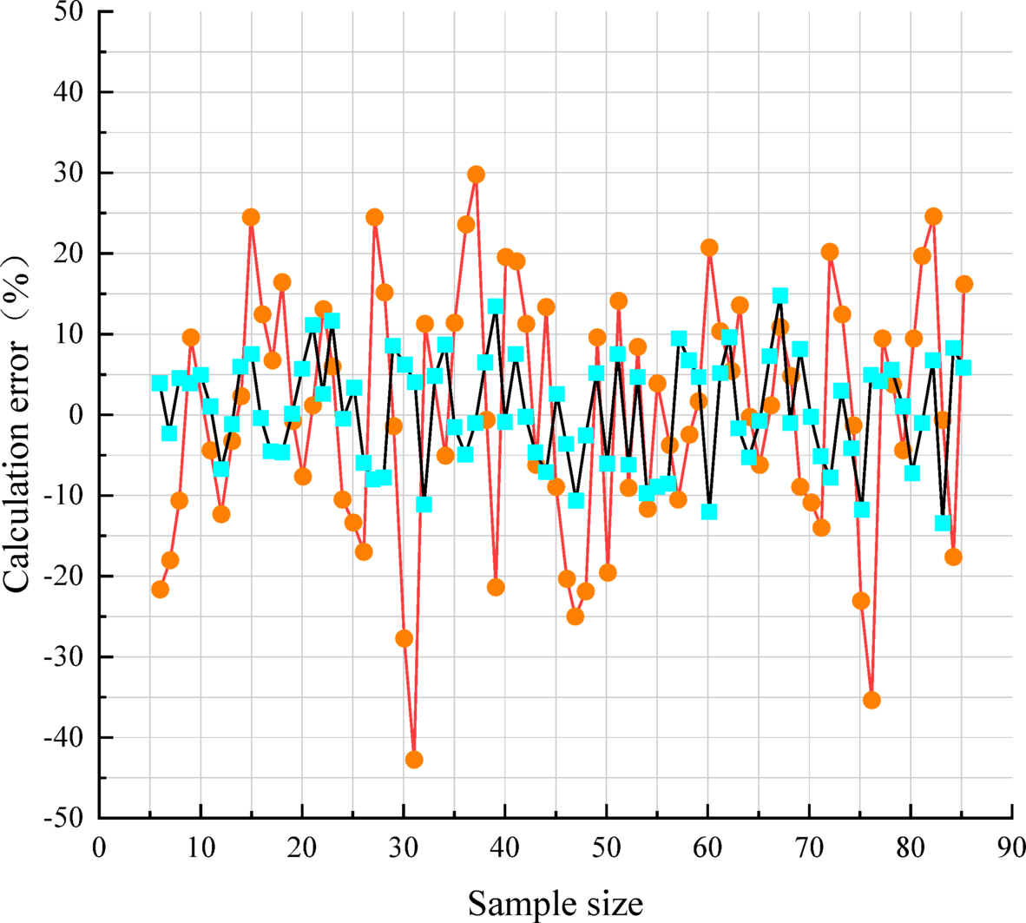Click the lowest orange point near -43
coord(414,760)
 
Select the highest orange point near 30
coord(476,175)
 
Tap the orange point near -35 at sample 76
coord(871,700)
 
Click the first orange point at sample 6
coord(160,589)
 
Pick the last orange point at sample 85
coord(964,284)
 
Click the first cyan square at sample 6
coord(159,383)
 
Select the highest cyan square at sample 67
coord(780,296)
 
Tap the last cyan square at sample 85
coord(963,368)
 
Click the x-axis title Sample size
coord(556,904)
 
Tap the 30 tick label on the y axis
coord(69,174)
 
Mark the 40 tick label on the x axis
coord(504,847)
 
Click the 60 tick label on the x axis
coord(707,847)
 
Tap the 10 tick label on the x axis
coord(201,847)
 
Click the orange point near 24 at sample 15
coord(251,217)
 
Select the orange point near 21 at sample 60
coord(709,247)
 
